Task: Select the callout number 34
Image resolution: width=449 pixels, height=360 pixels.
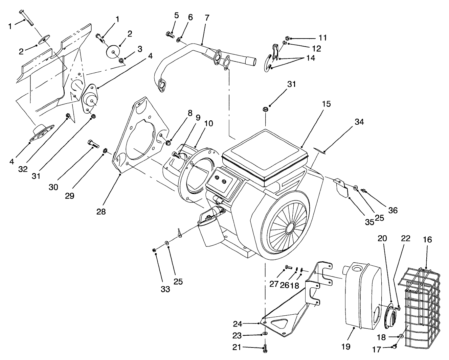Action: [359, 122]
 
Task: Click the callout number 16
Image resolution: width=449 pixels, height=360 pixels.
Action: [427, 240]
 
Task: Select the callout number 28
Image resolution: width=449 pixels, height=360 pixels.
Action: [101, 212]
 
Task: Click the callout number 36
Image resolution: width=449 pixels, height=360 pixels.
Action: [392, 210]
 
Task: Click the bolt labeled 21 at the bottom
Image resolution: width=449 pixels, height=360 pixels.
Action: [265, 349]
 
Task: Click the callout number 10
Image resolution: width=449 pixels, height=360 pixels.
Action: [208, 123]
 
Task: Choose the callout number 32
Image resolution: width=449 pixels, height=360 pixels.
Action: [23, 169]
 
